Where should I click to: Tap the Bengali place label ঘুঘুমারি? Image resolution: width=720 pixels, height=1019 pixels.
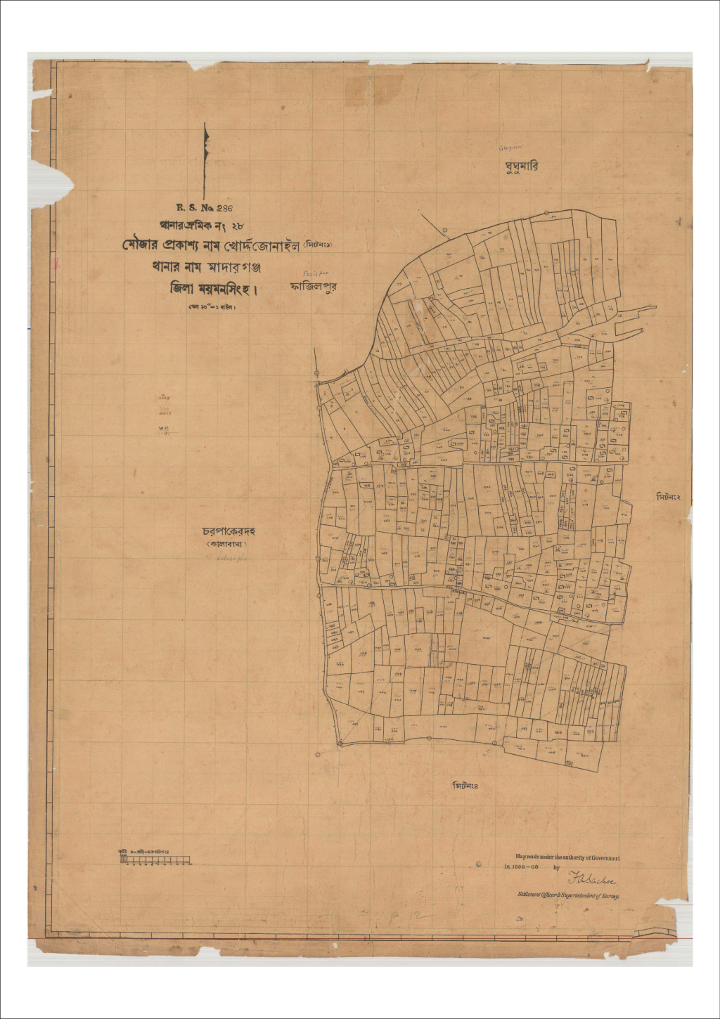click(521, 167)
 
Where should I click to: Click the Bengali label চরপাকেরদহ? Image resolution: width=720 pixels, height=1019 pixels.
click(229, 531)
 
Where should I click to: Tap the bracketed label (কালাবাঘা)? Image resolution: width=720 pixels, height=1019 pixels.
click(226, 545)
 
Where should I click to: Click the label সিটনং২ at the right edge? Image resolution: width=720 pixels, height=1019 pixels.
click(673, 497)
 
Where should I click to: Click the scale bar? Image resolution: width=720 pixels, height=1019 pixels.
click(155, 859)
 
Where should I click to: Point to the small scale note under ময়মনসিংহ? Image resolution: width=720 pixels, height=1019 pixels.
click(212, 307)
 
